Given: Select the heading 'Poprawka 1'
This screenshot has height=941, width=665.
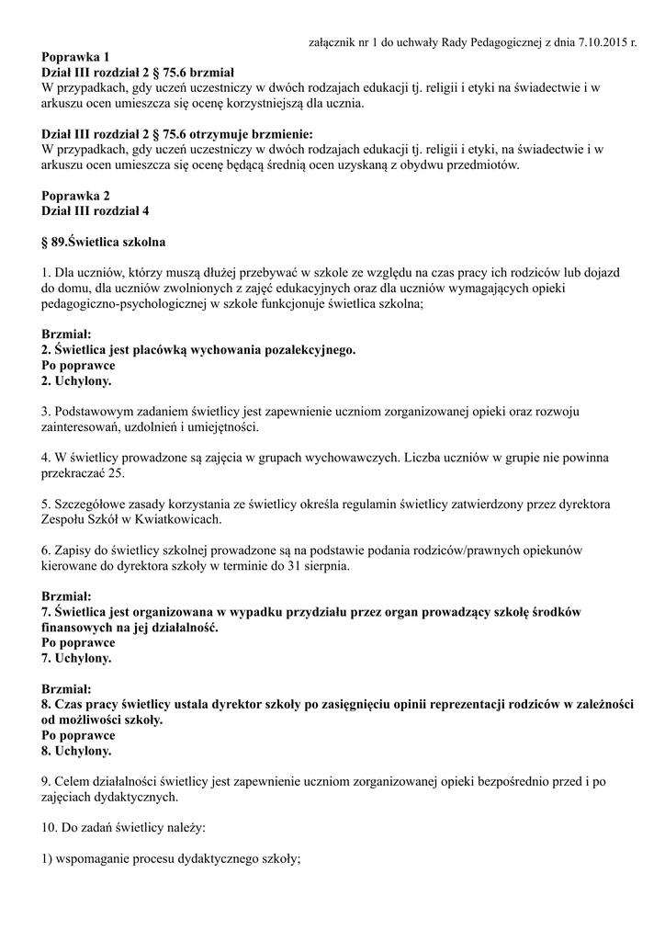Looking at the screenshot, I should pyautogui.click(x=76, y=57).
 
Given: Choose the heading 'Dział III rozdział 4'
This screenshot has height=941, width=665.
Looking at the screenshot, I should pyautogui.click(x=96, y=210).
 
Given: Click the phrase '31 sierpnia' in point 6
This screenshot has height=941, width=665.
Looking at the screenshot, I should pyautogui.click(x=317, y=566).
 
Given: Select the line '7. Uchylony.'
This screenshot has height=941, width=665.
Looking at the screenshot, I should pyautogui.click(x=77, y=658).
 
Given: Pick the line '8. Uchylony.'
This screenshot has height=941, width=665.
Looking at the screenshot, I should pyautogui.click(x=77, y=751).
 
